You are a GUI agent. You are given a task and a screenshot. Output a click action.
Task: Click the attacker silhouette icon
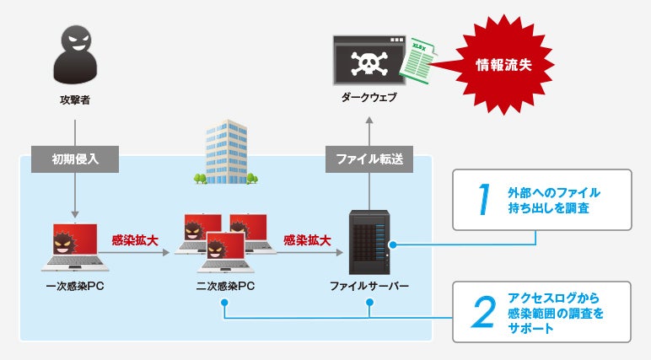pos(76,57)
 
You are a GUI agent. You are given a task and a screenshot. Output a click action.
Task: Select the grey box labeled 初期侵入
pos(75,158)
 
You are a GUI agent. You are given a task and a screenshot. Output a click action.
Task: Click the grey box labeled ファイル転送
pos(369,158)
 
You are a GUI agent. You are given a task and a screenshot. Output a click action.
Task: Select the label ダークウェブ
pos(369,98)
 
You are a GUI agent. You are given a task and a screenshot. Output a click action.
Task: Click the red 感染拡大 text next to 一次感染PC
pos(136,240)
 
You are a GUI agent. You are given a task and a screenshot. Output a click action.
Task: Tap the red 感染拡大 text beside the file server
pos(307,240)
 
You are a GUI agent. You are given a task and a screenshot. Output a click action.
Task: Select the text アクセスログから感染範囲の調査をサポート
pos(558,312)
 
